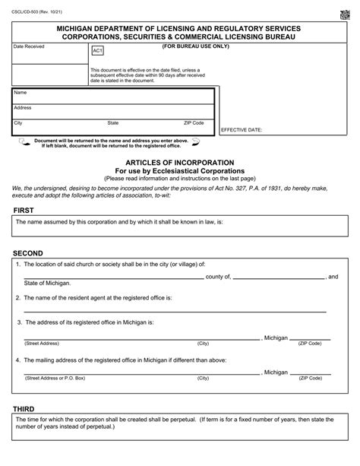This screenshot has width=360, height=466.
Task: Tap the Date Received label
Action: pyautogui.click(x=30, y=47)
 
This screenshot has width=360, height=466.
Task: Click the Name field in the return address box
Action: pyautogui.click(x=114, y=96)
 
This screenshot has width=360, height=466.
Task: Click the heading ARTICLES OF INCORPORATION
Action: pyautogui.click(x=179, y=163)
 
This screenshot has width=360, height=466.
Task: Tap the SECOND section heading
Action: pyautogui.click(x=28, y=252)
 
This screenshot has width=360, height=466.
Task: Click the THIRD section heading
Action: pyautogui.click(x=24, y=409)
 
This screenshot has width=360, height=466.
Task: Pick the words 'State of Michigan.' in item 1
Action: pyautogui.click(x=47, y=284)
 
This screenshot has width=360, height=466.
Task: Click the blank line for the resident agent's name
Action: pyautogui.click(x=175, y=312)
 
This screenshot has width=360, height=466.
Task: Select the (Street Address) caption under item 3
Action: pyautogui.click(x=43, y=344)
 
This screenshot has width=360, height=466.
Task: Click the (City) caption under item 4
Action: pyautogui.click(x=203, y=378)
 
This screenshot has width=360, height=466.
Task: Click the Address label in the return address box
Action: pyautogui.click(x=23, y=108)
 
